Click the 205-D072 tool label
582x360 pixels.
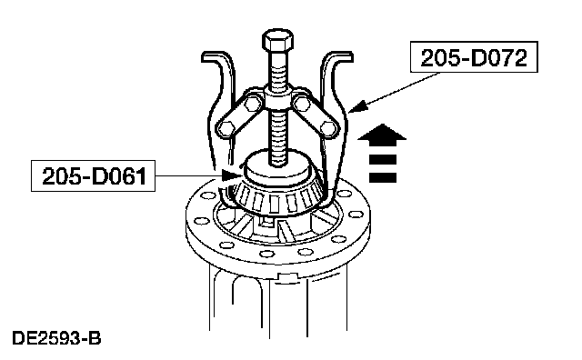tap(474, 56)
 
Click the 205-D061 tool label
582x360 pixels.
tap(93, 176)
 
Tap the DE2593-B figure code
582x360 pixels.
tap(56, 338)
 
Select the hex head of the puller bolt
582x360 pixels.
tap(277, 40)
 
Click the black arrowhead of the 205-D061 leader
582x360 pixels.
tap(230, 175)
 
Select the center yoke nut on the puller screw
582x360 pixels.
tap(277, 100)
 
